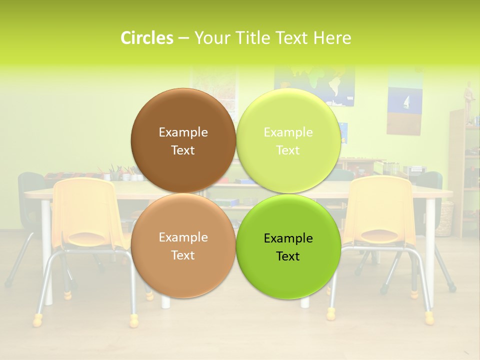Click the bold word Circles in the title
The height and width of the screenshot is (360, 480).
147,38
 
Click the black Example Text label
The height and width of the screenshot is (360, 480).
288,247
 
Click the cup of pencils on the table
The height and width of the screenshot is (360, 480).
113,173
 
